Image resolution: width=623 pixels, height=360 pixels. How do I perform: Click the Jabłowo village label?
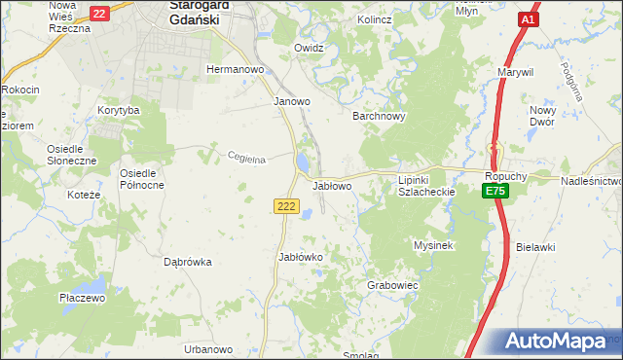click(x=332, y=185)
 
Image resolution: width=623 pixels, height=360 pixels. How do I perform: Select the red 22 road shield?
click(x=98, y=14)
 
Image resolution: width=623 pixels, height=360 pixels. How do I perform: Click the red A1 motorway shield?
click(x=527, y=19)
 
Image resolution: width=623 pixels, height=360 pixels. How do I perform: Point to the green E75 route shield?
click(x=495, y=192)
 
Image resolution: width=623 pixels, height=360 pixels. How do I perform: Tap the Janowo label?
click(x=291, y=101)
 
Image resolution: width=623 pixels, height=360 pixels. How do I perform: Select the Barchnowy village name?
click(x=378, y=115)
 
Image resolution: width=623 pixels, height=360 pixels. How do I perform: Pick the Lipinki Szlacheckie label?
click(x=427, y=186)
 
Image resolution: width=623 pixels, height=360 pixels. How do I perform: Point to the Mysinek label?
click(x=434, y=246)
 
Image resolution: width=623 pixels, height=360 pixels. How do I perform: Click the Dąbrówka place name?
click(x=188, y=262)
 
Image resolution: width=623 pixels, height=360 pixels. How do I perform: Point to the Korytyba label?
click(x=119, y=111)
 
